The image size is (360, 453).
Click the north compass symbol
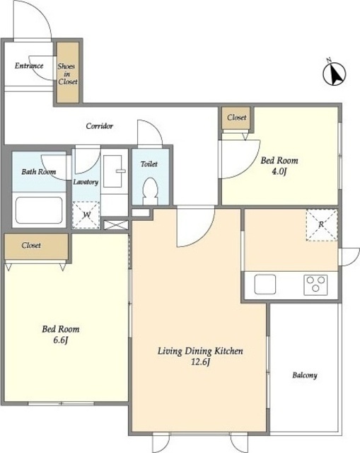[x=334, y=74]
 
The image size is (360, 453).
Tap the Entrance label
[x=29, y=66]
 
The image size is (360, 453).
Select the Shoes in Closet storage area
[x=68, y=72]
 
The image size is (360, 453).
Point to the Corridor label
[x=99, y=126]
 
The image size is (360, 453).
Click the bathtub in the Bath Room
[x=39, y=210]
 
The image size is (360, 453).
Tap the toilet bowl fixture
[x=150, y=191]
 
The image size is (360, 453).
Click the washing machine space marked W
[x=86, y=215]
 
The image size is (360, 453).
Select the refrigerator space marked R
[x=322, y=225]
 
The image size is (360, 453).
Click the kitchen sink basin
[x=265, y=285]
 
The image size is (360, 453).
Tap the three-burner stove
[x=315, y=285]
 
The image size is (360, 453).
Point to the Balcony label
[x=305, y=375]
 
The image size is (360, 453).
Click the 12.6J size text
[x=200, y=362]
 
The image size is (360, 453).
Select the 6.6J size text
[x=60, y=340]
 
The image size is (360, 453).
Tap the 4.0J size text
[x=279, y=171]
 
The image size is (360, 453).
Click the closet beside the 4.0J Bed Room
[x=236, y=117]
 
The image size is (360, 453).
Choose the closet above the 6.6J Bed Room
[x=36, y=246]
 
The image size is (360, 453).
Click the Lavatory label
[x=86, y=182]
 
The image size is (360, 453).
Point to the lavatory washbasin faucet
[x=121, y=171]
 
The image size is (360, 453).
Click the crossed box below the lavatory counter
[x=116, y=225]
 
